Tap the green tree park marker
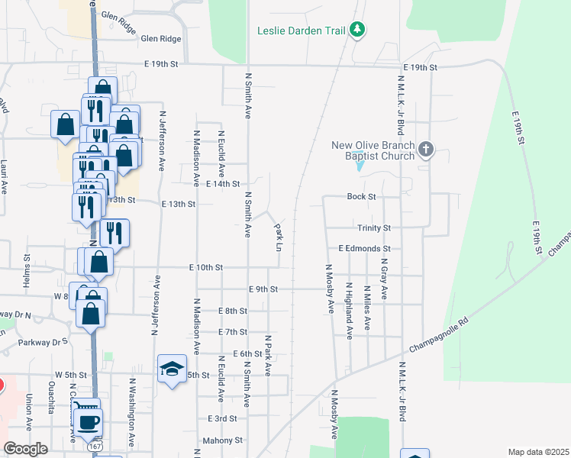click(x=356, y=31)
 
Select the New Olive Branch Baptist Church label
click(x=373, y=150)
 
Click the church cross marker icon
click(x=426, y=149)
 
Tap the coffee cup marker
click(x=89, y=421)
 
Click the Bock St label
click(x=362, y=197)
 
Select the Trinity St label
click(x=374, y=228)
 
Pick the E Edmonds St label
click(x=364, y=249)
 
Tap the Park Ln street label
click(x=279, y=237)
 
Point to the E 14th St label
click(x=223, y=184)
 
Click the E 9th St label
click(x=263, y=289)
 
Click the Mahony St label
click(x=222, y=440)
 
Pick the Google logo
click(x=26, y=450)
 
